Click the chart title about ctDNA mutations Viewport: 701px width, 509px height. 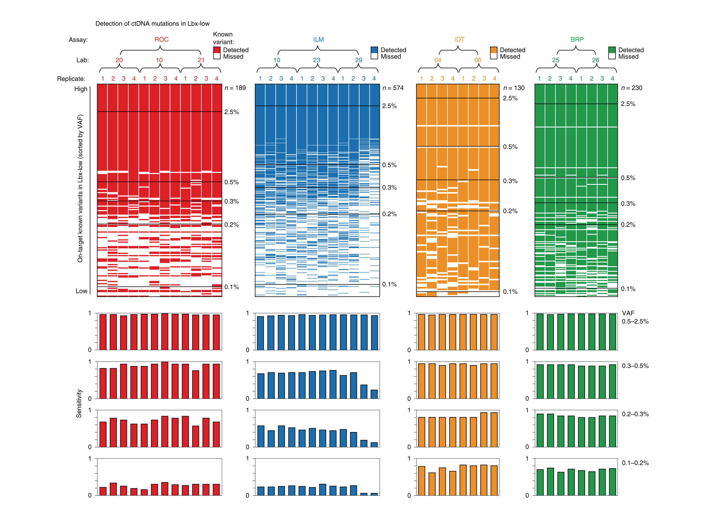point(152,24)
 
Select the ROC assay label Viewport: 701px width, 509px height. point(161,40)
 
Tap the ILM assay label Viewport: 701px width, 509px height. point(318,40)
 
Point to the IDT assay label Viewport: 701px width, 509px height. point(459,40)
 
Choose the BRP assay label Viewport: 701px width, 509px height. point(577,40)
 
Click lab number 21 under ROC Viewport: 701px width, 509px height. point(201,60)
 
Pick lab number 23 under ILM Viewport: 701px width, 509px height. point(316,60)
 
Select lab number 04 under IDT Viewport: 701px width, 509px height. point(438,60)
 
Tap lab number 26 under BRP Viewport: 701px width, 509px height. point(596,60)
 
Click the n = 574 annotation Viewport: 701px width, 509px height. point(393,88)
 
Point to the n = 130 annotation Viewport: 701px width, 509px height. point(514,88)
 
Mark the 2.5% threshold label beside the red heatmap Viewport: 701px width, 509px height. point(231,112)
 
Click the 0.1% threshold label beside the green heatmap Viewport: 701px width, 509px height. point(628,289)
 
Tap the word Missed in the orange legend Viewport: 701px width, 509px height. point(510,57)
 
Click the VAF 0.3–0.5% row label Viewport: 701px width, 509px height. point(635,366)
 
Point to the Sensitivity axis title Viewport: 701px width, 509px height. point(79,403)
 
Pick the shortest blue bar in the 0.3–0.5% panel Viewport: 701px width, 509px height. point(374,394)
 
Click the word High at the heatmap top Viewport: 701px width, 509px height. point(81,89)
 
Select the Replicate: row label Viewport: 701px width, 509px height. point(71,79)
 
